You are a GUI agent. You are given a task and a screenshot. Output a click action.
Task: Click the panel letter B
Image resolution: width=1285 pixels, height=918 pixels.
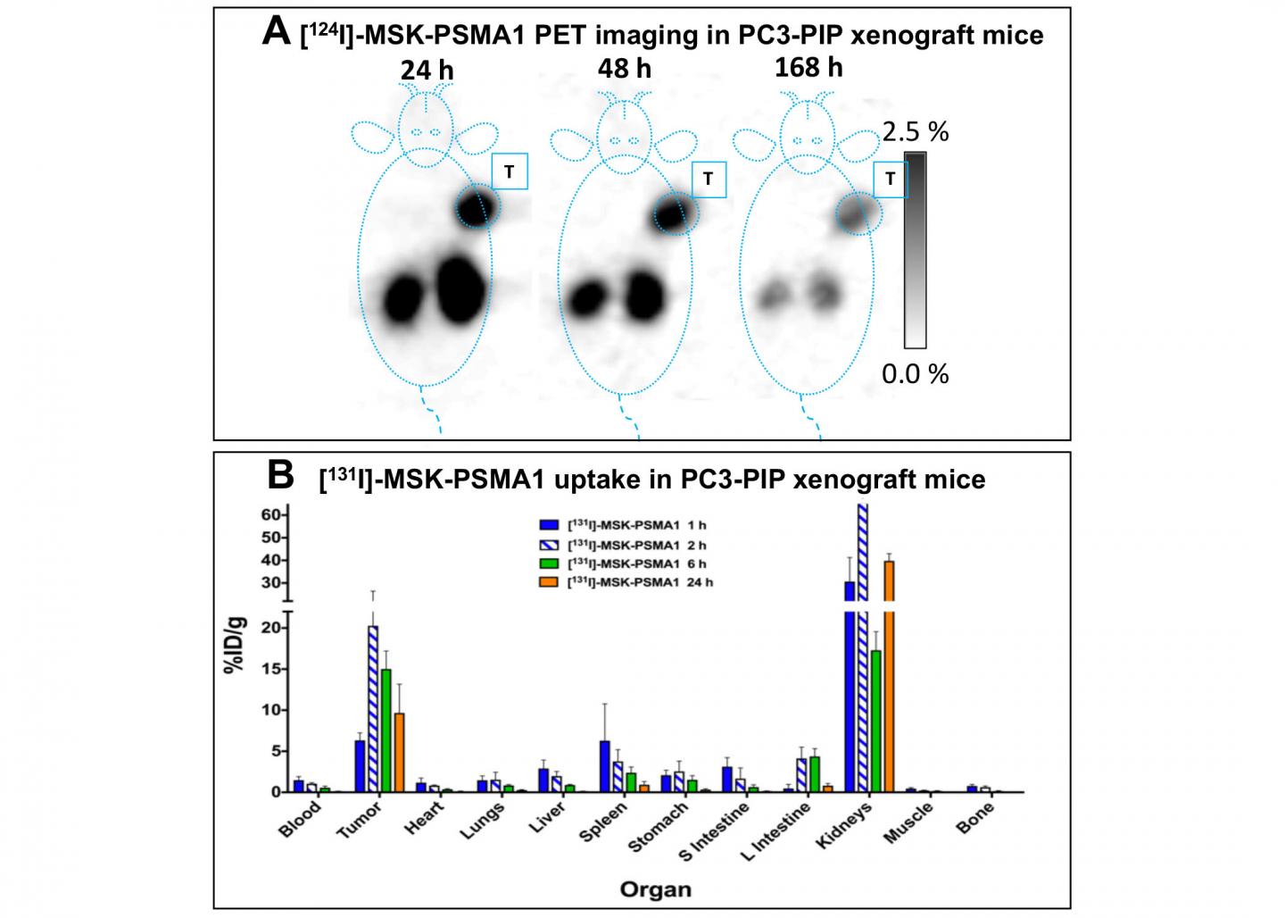pos(280,476)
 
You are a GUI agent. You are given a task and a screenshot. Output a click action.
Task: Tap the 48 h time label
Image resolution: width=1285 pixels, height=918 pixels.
pos(624,67)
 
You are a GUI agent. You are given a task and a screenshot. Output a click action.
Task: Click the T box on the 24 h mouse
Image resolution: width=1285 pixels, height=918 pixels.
pos(510,171)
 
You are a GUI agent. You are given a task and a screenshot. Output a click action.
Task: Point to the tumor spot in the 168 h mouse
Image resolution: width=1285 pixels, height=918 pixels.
pos(857,213)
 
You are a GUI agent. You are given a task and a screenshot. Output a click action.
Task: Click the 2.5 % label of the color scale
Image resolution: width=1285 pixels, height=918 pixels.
pos(915,132)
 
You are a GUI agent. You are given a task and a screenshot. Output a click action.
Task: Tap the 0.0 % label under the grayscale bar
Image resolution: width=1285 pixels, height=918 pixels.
pos(915,373)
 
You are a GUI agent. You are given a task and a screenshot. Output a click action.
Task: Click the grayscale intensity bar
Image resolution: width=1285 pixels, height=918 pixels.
pos(915,250)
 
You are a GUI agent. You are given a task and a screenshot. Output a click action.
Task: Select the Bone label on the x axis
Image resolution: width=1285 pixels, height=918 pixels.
pos(974,816)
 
